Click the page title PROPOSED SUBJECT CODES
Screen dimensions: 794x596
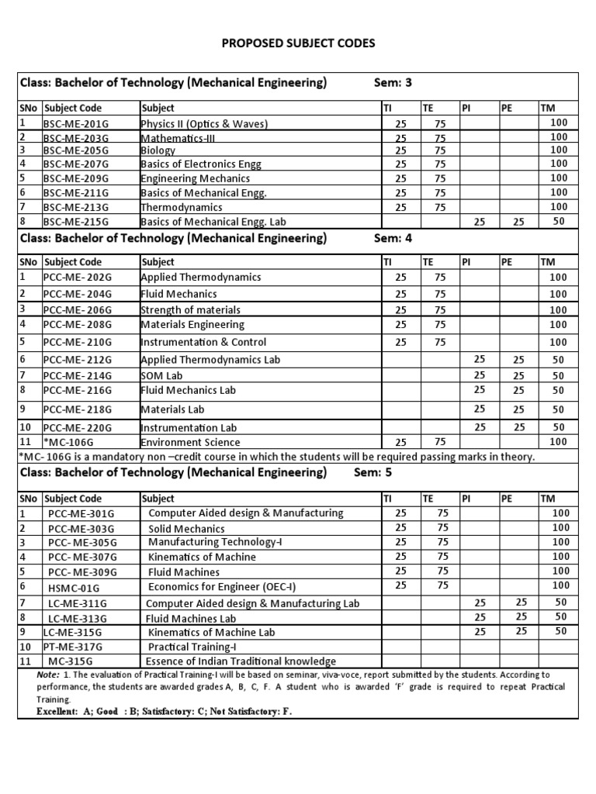point(298,43)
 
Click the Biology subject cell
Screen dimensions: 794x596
point(158,151)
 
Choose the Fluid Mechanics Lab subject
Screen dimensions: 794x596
point(188,391)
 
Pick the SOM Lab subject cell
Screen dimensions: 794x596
point(161,376)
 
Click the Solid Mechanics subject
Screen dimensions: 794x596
point(186,529)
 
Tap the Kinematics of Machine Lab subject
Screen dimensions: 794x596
point(212,633)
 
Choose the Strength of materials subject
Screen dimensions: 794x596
point(190,310)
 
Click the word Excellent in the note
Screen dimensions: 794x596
point(58,712)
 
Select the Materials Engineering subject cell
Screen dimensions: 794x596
point(192,325)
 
